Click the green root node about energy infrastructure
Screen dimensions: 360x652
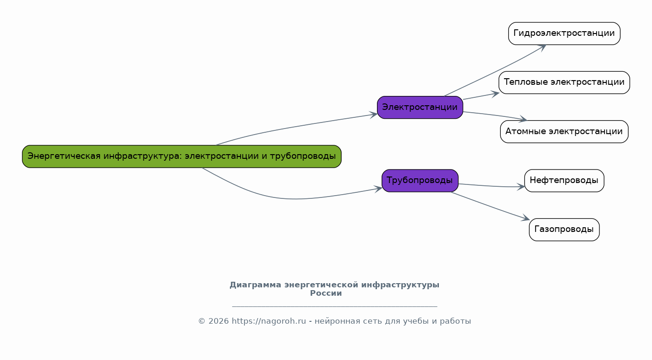point(181,156)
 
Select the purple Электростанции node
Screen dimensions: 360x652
point(420,108)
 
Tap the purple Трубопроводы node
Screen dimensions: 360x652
point(420,181)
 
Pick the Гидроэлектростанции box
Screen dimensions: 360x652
point(564,34)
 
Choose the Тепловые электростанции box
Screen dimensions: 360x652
point(564,82)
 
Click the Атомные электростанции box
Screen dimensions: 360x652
point(564,132)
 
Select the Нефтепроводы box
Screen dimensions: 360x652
point(564,181)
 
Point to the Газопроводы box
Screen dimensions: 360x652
point(564,230)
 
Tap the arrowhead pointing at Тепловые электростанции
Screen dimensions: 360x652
point(495,93)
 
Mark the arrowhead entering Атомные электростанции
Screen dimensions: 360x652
point(523,120)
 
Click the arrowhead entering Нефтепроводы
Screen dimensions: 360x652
point(521,187)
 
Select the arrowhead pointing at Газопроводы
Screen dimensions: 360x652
point(526,218)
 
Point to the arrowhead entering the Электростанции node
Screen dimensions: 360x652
point(374,114)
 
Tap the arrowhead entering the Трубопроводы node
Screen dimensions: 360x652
point(378,189)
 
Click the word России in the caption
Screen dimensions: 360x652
point(326,293)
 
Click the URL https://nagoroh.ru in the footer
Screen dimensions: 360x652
point(269,321)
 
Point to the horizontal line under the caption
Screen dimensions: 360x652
point(334,306)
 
